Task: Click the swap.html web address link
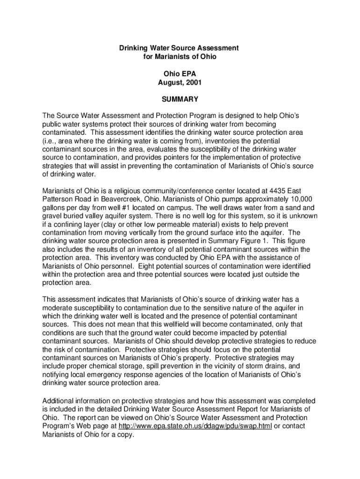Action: (195, 427)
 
